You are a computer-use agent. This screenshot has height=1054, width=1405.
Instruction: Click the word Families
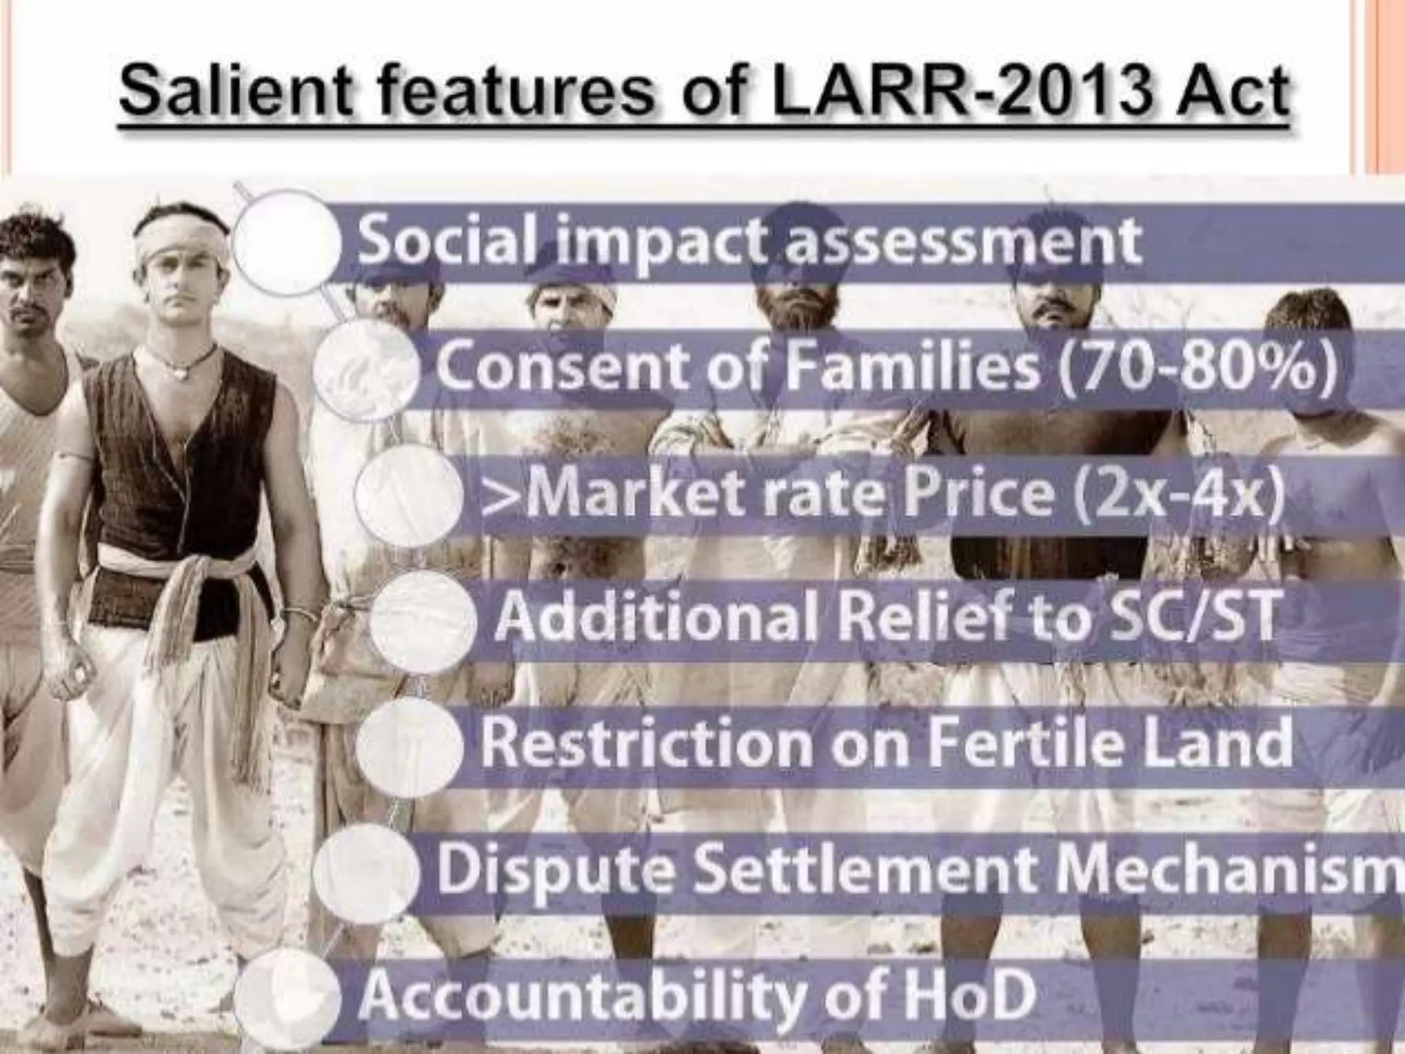[912, 366]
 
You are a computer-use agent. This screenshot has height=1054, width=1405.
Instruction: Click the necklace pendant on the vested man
[180, 374]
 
